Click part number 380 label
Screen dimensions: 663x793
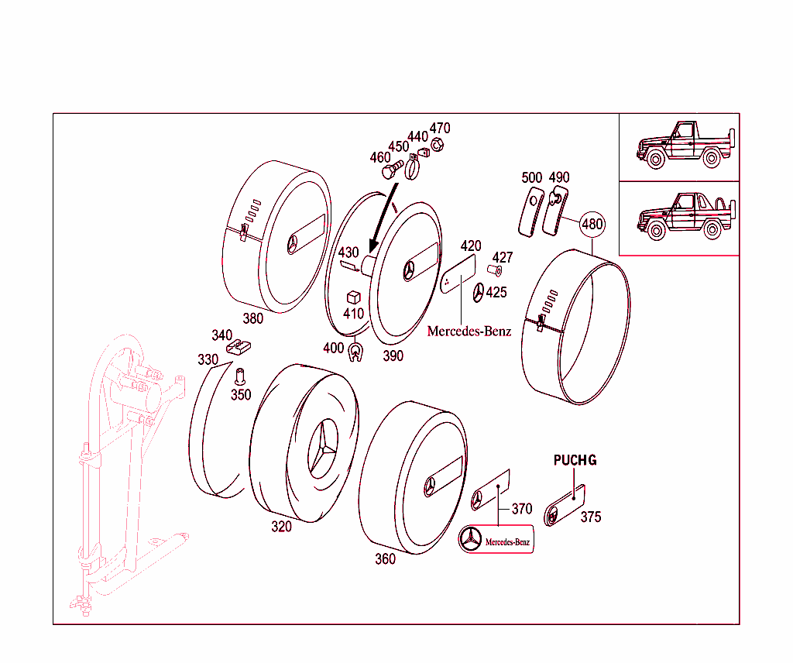tap(252, 318)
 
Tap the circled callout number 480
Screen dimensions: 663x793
tap(592, 225)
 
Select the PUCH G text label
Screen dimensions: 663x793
tap(575, 460)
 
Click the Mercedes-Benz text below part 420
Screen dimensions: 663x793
tap(469, 331)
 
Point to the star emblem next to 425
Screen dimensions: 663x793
tap(479, 293)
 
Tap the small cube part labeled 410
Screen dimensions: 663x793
tap(354, 297)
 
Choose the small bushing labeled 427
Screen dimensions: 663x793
tap(495, 271)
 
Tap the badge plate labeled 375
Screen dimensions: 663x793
tap(565, 504)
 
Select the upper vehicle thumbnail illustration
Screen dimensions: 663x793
tap(678, 146)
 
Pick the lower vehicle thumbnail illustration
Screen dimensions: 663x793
tap(678, 217)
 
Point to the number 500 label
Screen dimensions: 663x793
tap(532, 177)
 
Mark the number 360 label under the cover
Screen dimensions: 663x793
tap(385, 558)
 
